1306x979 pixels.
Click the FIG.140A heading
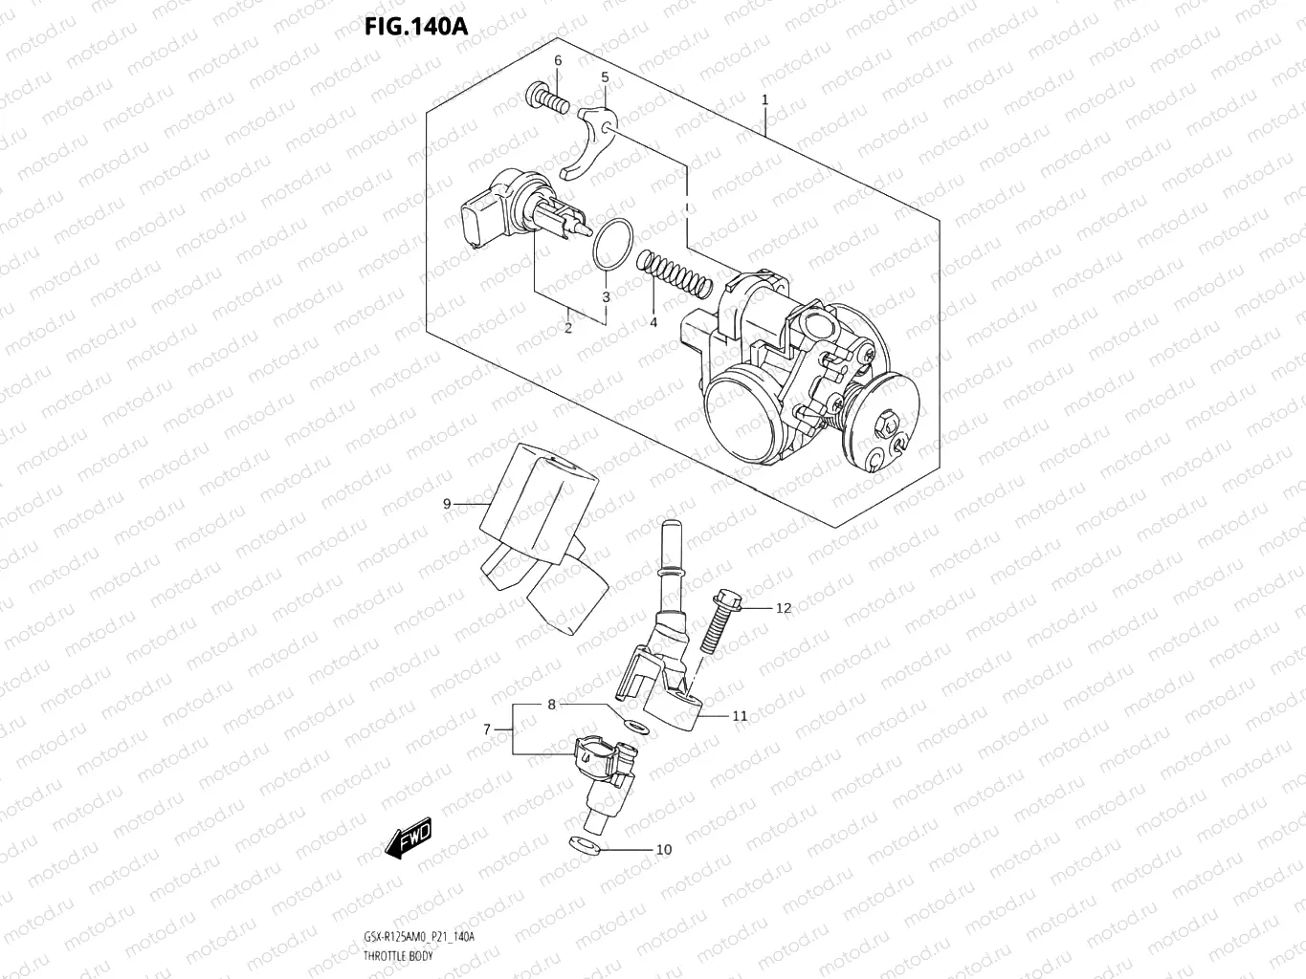point(415,26)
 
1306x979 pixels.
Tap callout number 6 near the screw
point(558,61)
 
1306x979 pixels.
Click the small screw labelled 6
point(546,97)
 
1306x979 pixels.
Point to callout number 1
point(764,99)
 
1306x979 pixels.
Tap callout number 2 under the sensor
point(567,328)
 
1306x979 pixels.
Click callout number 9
point(447,504)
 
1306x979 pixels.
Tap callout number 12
point(784,608)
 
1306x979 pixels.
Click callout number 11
point(740,715)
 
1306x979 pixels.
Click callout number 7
point(487,729)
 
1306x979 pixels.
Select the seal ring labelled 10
point(583,845)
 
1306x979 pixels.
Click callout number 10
point(663,849)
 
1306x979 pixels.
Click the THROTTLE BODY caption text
point(399,956)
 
